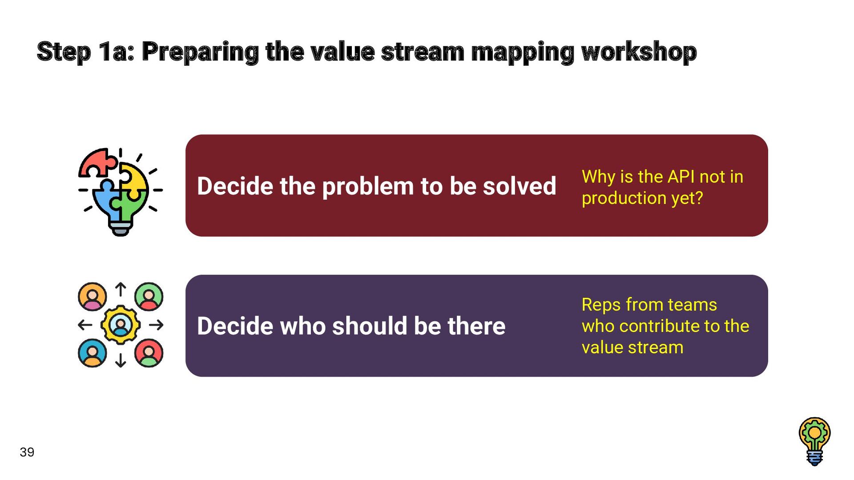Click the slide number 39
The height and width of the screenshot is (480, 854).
click(27, 452)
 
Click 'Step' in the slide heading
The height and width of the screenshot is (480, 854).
click(64, 52)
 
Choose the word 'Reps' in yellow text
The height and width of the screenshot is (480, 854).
click(601, 305)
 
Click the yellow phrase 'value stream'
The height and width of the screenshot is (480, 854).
click(632, 348)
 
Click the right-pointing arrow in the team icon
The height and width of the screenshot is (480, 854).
click(156, 325)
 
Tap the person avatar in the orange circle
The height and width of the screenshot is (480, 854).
click(93, 296)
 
